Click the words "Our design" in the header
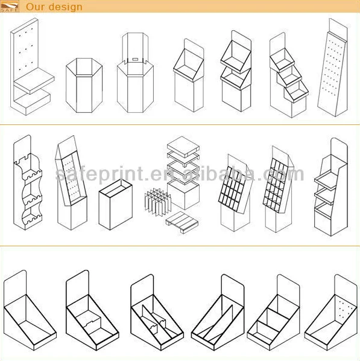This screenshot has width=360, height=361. (x=54, y=7)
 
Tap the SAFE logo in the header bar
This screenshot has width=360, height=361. (x=10, y=7)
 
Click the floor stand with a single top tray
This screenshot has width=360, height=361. (x=188, y=78)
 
